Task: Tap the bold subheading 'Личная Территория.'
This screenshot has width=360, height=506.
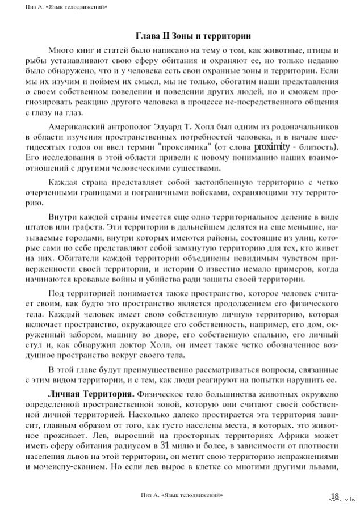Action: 91,393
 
